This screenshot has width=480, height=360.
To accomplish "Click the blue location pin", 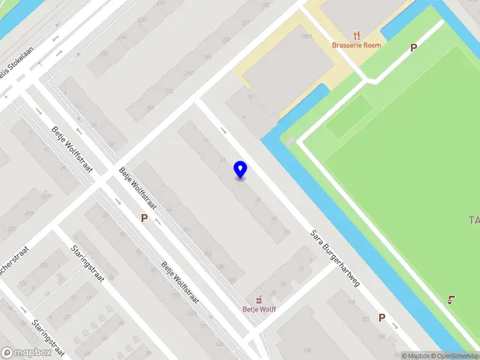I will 241,170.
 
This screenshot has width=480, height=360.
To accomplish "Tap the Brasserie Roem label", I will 356,45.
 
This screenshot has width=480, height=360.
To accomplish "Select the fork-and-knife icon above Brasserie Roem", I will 356,35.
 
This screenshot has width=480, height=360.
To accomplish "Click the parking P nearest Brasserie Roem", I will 413,47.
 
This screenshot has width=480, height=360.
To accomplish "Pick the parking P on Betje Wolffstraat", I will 144,218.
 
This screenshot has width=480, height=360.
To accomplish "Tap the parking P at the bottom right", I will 382,317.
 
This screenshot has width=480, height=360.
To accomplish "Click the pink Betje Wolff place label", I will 259,310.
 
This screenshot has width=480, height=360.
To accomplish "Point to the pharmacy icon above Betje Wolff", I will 259,299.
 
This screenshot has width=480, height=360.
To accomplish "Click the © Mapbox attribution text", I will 416,356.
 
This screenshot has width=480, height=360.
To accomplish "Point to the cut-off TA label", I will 474,220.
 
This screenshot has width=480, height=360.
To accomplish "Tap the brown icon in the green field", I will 452,299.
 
